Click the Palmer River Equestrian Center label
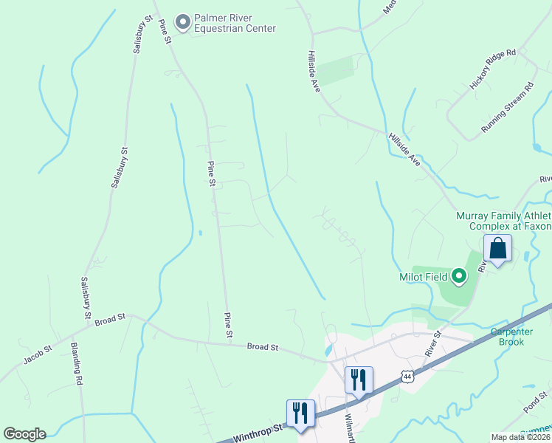[235, 23]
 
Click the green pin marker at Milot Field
[459, 277]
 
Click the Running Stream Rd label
[507, 108]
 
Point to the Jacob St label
[38, 354]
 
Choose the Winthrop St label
[258, 431]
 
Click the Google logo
[24, 434]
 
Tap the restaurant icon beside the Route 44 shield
[359, 380]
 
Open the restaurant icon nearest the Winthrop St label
[300, 413]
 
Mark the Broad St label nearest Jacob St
[110, 318]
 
